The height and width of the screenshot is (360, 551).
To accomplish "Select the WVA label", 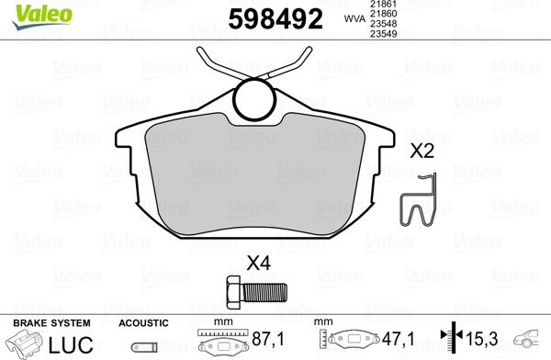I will [352, 17].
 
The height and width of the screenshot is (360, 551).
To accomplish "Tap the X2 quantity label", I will [422, 152].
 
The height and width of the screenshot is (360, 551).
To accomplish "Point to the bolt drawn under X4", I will [255, 294].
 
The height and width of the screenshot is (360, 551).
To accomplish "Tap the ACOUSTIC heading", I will [143, 323].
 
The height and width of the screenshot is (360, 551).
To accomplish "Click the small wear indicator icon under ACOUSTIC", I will [143, 347].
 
